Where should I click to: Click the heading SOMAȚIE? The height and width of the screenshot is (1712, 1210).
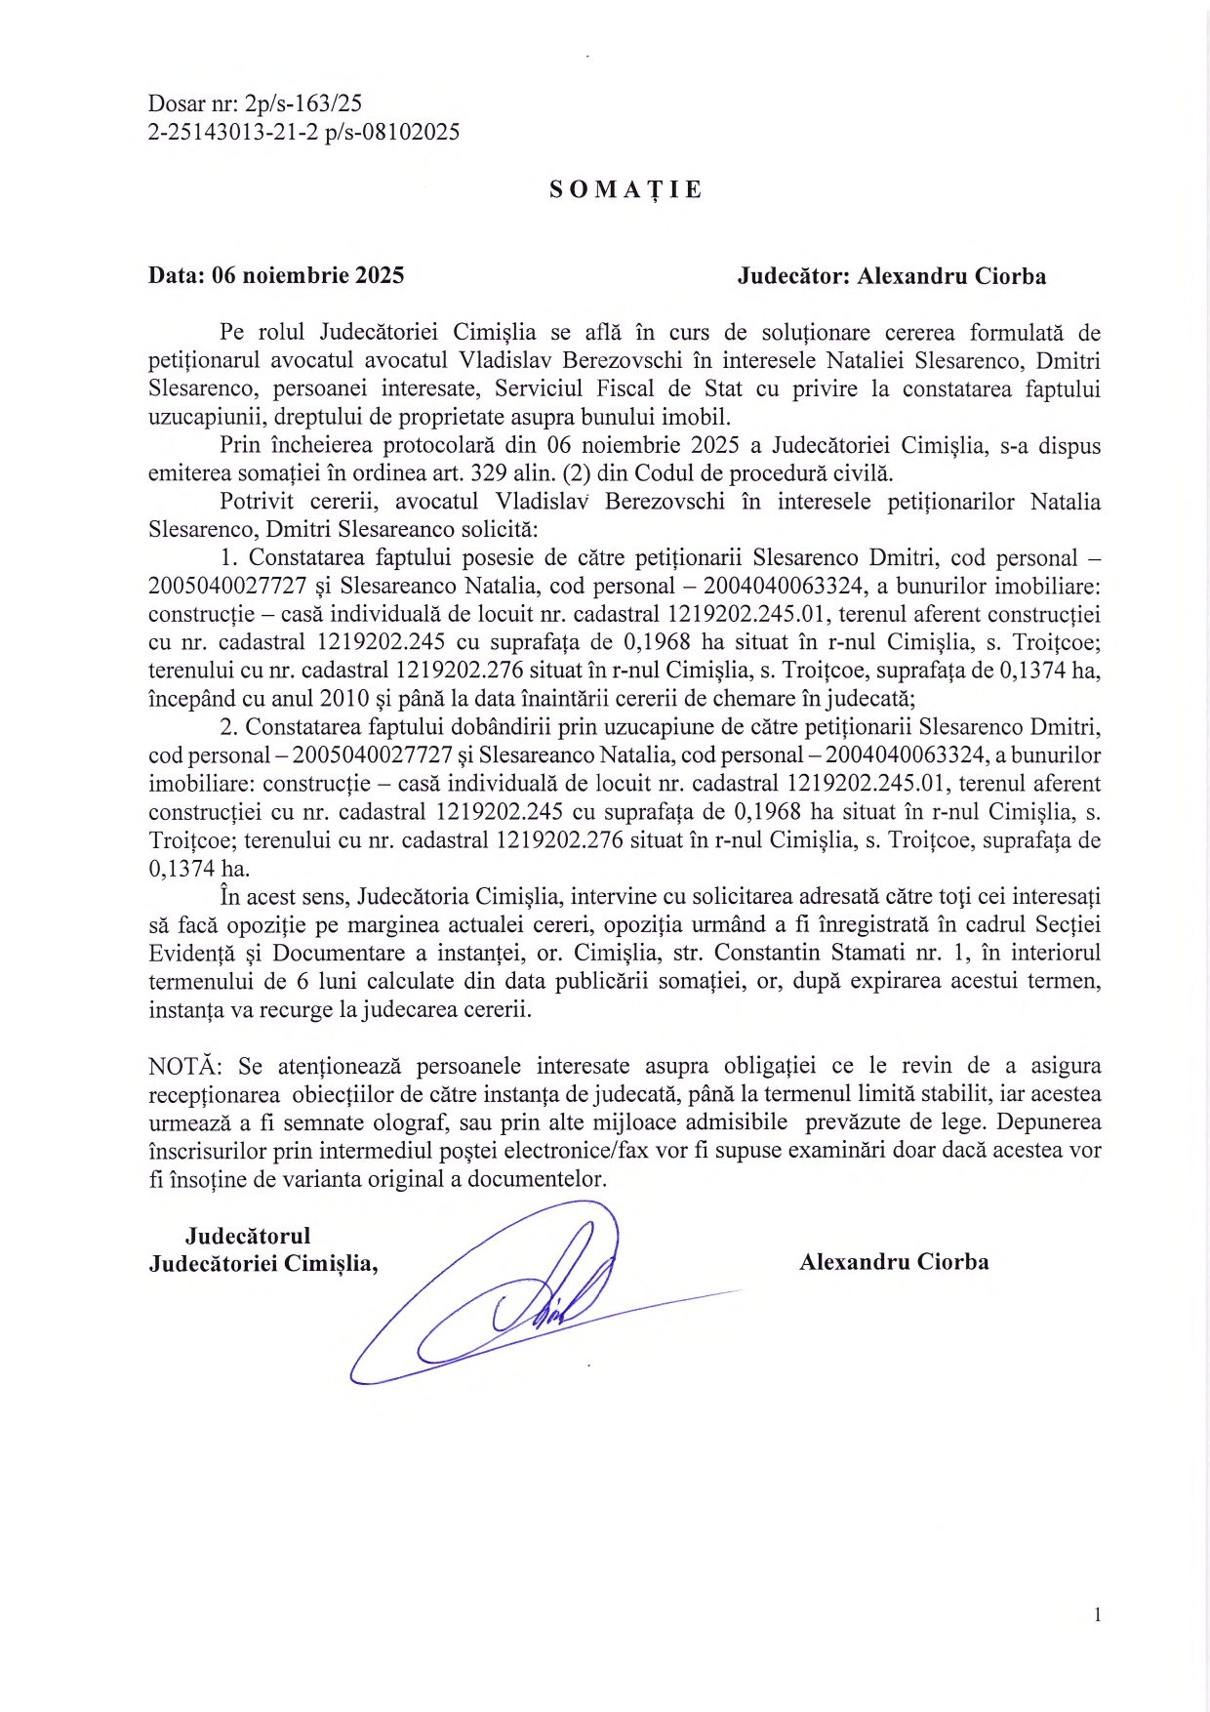tap(625, 189)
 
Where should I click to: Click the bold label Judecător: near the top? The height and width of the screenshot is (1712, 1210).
tap(793, 276)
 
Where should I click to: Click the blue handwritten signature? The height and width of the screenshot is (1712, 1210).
tap(527, 1298)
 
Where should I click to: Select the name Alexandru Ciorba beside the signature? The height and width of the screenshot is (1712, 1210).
tap(894, 1262)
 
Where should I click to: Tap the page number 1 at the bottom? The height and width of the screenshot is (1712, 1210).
tap(1098, 1614)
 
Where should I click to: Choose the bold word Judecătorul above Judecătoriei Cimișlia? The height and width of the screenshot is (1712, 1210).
tap(248, 1236)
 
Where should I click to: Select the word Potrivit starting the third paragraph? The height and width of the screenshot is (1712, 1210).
tap(256, 502)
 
